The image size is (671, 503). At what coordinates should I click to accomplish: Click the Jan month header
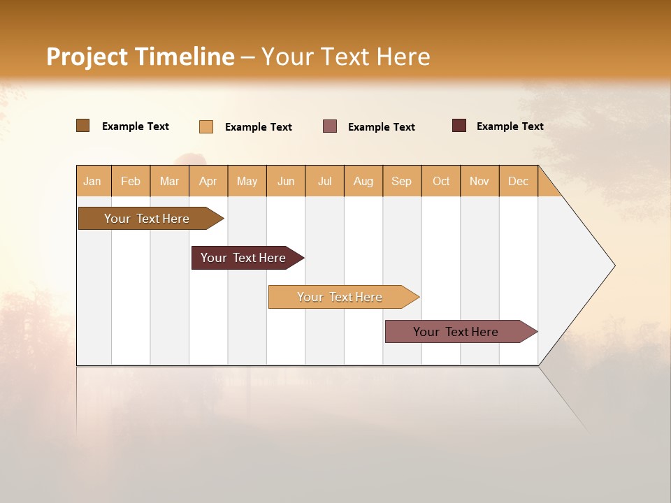tap(93, 181)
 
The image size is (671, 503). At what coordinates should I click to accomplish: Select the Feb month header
tap(131, 181)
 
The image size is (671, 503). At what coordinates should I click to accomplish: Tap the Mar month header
tap(169, 181)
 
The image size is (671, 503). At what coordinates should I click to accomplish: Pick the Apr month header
tap(208, 181)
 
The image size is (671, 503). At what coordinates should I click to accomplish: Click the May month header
tap(247, 181)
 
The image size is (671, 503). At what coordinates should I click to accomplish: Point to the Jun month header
tap(286, 181)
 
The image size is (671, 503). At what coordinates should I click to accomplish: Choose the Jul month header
tap(324, 181)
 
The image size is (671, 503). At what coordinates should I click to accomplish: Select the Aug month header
tap(363, 181)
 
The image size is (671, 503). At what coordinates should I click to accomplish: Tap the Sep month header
tap(402, 181)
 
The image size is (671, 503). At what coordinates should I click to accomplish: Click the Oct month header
tap(441, 181)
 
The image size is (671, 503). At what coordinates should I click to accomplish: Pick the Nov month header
tap(479, 181)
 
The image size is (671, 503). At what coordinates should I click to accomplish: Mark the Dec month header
tap(519, 181)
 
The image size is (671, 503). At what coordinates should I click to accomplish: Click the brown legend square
tap(83, 126)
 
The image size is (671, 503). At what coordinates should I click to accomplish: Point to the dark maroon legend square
tap(459, 126)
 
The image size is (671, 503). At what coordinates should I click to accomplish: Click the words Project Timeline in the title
tap(140, 57)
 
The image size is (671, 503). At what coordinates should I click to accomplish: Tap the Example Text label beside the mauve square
tap(382, 127)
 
